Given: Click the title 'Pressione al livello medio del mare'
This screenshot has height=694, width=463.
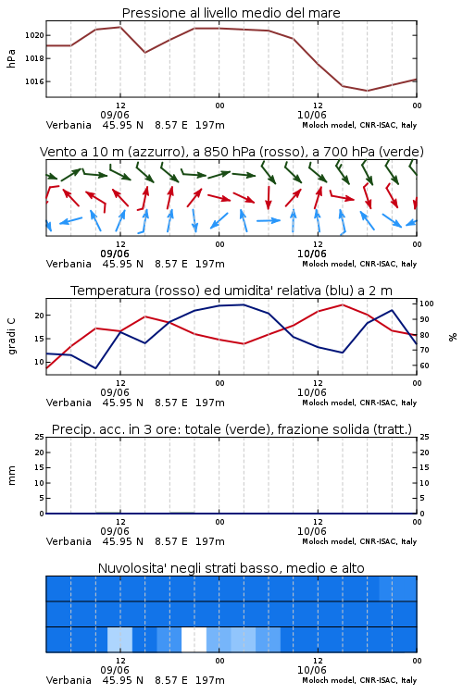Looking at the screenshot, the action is (x=231, y=13).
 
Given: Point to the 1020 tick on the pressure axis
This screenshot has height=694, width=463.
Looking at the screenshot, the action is (x=34, y=35).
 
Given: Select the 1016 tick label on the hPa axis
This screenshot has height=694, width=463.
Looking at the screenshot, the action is (x=34, y=81).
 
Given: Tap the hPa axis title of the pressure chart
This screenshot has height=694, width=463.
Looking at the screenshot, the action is (x=11, y=58).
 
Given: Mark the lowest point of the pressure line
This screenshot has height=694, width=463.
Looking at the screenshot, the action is (x=367, y=91).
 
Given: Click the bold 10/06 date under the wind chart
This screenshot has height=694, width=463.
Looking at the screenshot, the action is (x=311, y=254).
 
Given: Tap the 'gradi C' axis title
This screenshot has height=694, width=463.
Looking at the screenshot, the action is (x=11, y=336).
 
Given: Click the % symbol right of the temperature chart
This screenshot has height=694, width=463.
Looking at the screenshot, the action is (x=453, y=337).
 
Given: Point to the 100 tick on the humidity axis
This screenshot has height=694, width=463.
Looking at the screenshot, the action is (x=427, y=304).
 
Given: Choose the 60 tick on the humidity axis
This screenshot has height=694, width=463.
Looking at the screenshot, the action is (x=424, y=366).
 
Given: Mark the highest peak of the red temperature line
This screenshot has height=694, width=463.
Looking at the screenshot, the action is (x=342, y=304).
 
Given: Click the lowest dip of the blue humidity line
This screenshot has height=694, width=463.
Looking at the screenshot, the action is (x=95, y=368).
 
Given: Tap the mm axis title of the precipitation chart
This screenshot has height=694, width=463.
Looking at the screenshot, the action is (x=11, y=476).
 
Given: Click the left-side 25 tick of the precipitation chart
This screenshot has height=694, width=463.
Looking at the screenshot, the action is (x=40, y=437).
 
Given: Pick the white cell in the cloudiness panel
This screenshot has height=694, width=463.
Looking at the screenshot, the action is (x=194, y=639).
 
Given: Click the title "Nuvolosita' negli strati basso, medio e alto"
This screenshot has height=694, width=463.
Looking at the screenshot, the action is (x=231, y=568).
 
